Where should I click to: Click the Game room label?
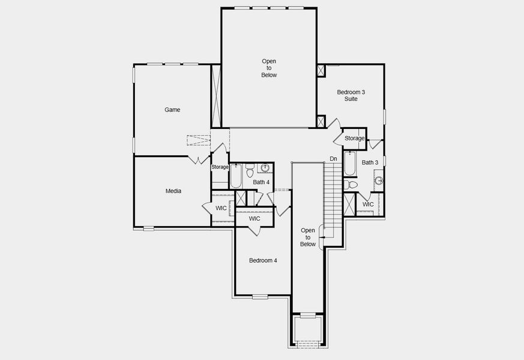(172, 110)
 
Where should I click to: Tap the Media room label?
(173, 191)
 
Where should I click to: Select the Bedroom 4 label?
(263, 260)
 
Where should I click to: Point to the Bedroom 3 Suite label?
(351, 95)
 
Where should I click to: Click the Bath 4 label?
(261, 182)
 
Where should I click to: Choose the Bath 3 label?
(370, 163)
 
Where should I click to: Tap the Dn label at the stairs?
(333, 159)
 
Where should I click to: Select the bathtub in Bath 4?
(236, 176)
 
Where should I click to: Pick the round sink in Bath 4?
(265, 167)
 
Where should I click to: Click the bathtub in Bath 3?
(350, 163)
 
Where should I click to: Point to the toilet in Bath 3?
(351, 184)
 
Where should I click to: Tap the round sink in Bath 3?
(379, 180)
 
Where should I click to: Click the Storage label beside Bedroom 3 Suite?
(354, 139)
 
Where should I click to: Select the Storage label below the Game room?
(220, 167)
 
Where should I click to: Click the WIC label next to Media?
(221, 208)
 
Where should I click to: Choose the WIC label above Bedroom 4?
(254, 219)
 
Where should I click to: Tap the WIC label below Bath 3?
(368, 205)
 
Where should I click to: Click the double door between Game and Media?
(196, 160)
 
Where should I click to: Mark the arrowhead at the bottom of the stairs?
(322, 238)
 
